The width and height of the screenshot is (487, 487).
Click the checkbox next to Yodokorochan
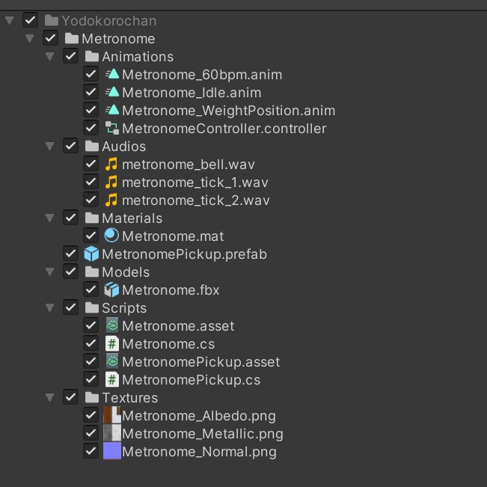[x=30, y=20]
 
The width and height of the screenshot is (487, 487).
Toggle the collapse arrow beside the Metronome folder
[x=29, y=38]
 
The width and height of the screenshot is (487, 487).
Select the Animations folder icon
[x=91, y=56]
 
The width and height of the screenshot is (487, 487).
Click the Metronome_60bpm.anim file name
[x=202, y=75]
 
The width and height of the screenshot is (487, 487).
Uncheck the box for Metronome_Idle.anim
[x=91, y=92]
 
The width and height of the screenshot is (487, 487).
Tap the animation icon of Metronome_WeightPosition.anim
[x=112, y=110]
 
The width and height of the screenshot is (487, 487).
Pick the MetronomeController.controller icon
[x=111, y=128]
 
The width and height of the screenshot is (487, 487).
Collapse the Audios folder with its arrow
[x=49, y=146]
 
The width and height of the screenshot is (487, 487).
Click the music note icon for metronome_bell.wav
[x=111, y=164]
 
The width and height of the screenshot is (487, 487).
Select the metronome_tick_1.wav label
[x=195, y=183]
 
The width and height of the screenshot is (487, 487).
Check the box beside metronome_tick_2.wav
[x=91, y=200]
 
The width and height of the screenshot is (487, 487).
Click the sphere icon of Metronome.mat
[x=111, y=236]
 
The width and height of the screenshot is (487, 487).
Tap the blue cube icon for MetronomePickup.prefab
[x=91, y=254]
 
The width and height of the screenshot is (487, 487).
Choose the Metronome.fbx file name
[x=171, y=290]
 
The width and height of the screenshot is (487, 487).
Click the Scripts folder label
[x=124, y=308]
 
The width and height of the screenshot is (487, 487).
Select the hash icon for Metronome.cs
[x=111, y=343]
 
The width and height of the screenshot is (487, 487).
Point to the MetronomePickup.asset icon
[x=111, y=361]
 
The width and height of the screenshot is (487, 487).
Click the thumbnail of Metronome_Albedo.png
[x=112, y=415]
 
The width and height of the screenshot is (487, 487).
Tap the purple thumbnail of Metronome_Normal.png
[x=112, y=451]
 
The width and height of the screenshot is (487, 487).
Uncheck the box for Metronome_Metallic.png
[x=91, y=433]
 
